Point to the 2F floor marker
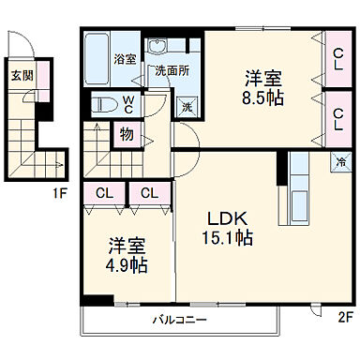point(346,318)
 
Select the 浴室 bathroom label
point(124,59)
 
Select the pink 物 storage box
point(126,134)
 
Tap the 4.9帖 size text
point(127,265)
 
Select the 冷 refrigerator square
point(338,160)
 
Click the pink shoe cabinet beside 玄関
point(40,83)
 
